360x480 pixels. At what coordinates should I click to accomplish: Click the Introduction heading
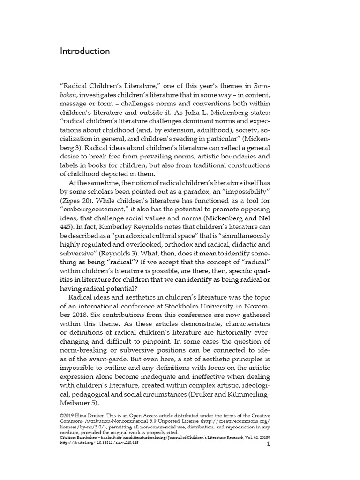click(x=85, y=52)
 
